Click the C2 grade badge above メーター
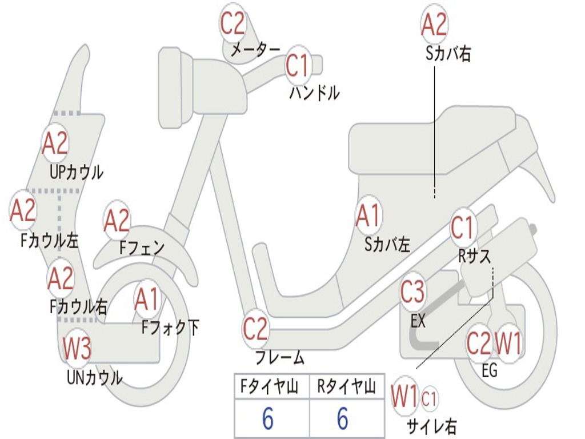pos(233,23)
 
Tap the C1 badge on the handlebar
pos(297,66)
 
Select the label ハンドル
pos(314,92)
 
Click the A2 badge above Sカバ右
pos(434,25)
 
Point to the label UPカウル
pos(77,171)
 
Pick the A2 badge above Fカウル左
pos(23,211)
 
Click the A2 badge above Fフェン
pos(117,221)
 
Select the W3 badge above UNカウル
pos(77,349)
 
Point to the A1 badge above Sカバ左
pos(368,216)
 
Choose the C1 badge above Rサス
pos(463,228)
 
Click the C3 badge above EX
pos(412,292)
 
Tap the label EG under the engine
pos(490,370)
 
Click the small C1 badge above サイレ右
pos(429,398)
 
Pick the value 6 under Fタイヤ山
pos(268,419)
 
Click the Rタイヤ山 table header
pos(346,388)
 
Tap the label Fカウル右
pos(78,307)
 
